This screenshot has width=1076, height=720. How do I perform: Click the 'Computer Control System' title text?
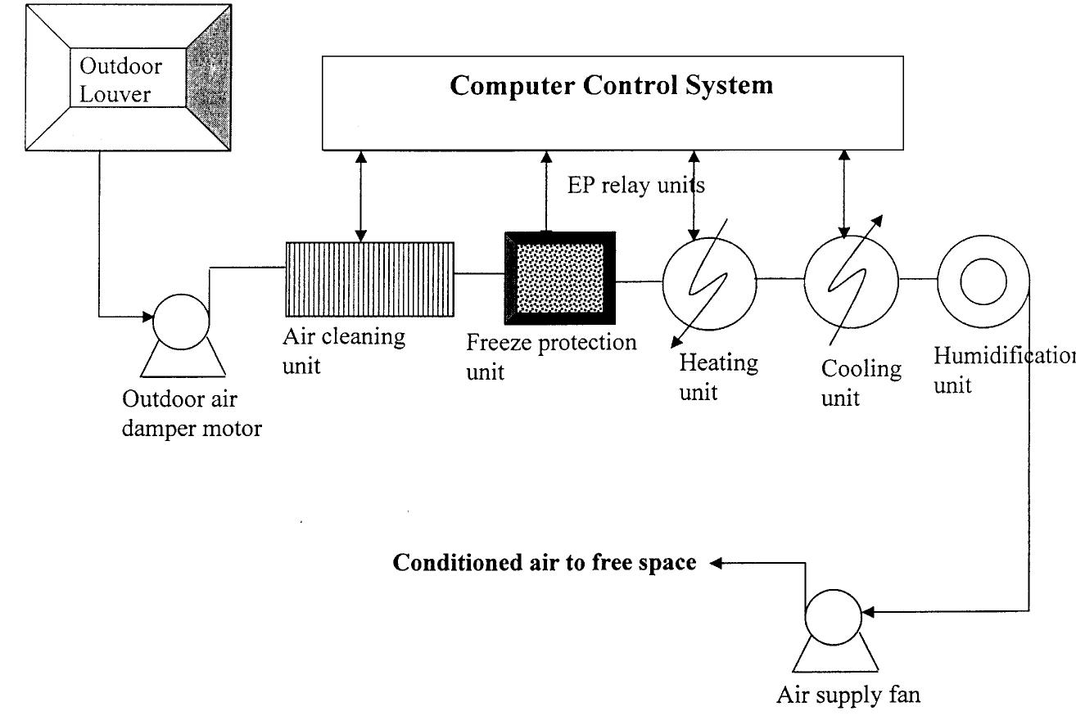[x=611, y=86]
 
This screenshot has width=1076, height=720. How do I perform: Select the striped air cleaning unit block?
[x=368, y=278]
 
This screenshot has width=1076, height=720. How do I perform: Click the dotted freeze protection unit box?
[x=559, y=278]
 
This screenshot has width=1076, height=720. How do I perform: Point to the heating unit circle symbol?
[x=709, y=278]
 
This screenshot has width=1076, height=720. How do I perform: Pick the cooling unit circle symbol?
[x=852, y=278]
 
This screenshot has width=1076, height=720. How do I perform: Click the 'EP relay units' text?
[x=636, y=186]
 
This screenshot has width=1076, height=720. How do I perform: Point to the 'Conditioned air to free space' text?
[x=545, y=563]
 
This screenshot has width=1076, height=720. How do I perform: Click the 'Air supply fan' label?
[x=848, y=696]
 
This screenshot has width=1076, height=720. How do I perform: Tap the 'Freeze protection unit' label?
[x=550, y=356]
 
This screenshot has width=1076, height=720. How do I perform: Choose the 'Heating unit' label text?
[x=717, y=376]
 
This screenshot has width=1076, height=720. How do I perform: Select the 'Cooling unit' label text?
[x=861, y=382]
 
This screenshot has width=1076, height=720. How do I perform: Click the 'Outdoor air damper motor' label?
[x=192, y=414]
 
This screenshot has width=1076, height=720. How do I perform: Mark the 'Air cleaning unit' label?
[x=343, y=349]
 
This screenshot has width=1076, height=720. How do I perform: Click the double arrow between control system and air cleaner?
[x=359, y=196]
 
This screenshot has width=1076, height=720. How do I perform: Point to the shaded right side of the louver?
[x=208, y=78]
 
